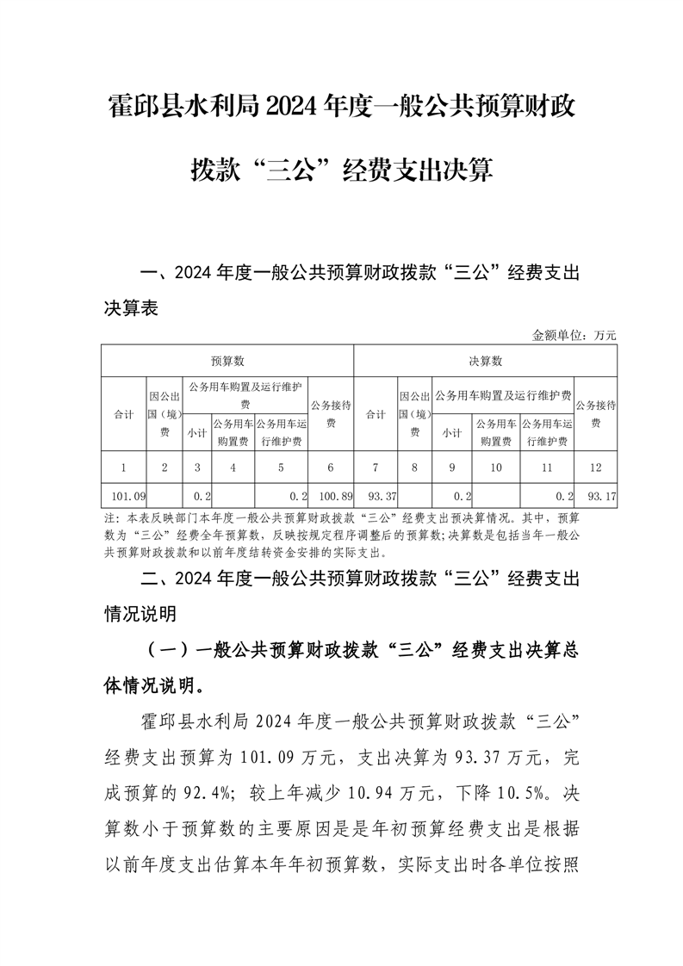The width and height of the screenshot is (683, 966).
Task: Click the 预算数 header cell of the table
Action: (x=227, y=361)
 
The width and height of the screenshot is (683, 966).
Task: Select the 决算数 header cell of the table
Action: (x=485, y=361)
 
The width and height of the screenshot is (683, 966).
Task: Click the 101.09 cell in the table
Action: (x=123, y=497)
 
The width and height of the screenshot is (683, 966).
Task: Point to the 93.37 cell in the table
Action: (x=376, y=497)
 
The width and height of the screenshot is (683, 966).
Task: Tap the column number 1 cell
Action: (x=123, y=468)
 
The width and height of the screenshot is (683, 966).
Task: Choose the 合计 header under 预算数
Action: (x=123, y=414)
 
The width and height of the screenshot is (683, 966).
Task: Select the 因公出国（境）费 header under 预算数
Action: (x=164, y=414)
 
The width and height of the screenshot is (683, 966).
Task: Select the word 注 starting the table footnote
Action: (x=109, y=519)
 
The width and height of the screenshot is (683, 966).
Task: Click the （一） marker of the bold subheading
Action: (x=170, y=650)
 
